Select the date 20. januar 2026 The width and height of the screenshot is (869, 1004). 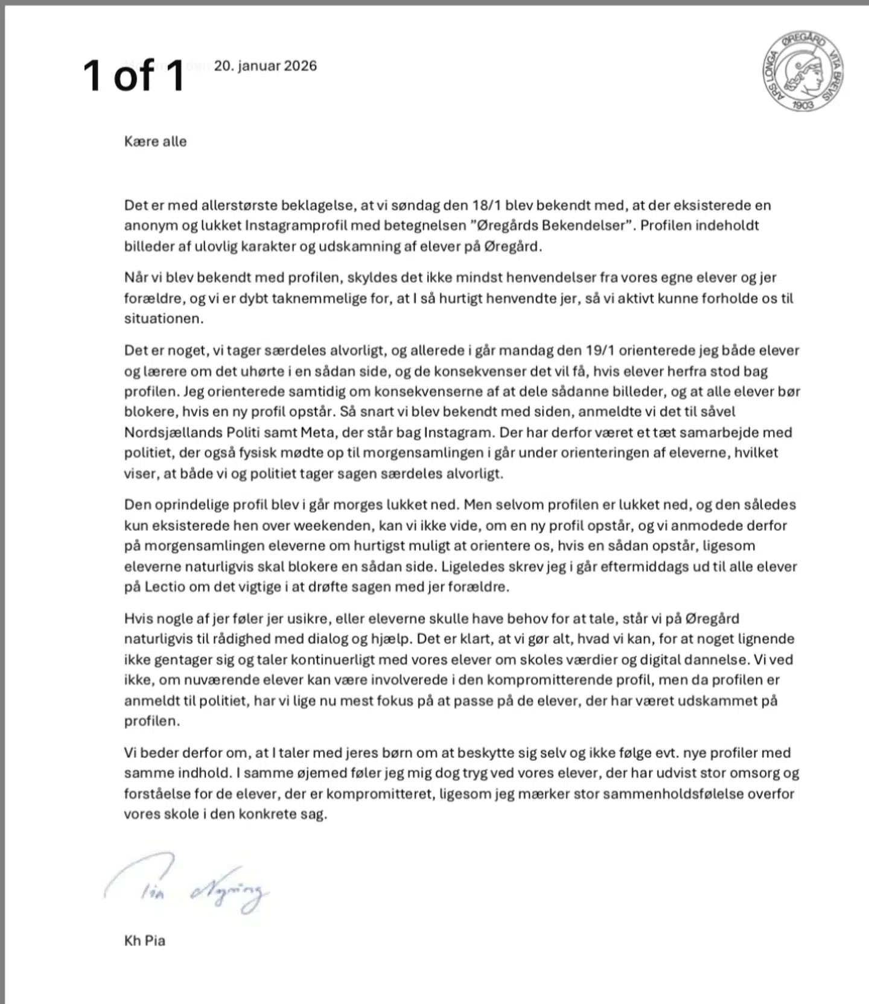coord(265,66)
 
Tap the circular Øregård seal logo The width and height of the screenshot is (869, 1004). coord(802,71)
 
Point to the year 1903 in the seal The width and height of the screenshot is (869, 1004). coord(803,104)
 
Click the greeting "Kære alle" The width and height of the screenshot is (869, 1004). coord(155,141)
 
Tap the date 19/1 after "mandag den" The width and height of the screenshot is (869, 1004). coord(599,351)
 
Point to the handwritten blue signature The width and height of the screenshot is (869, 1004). coord(187,885)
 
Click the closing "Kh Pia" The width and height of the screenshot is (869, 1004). coord(145,941)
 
